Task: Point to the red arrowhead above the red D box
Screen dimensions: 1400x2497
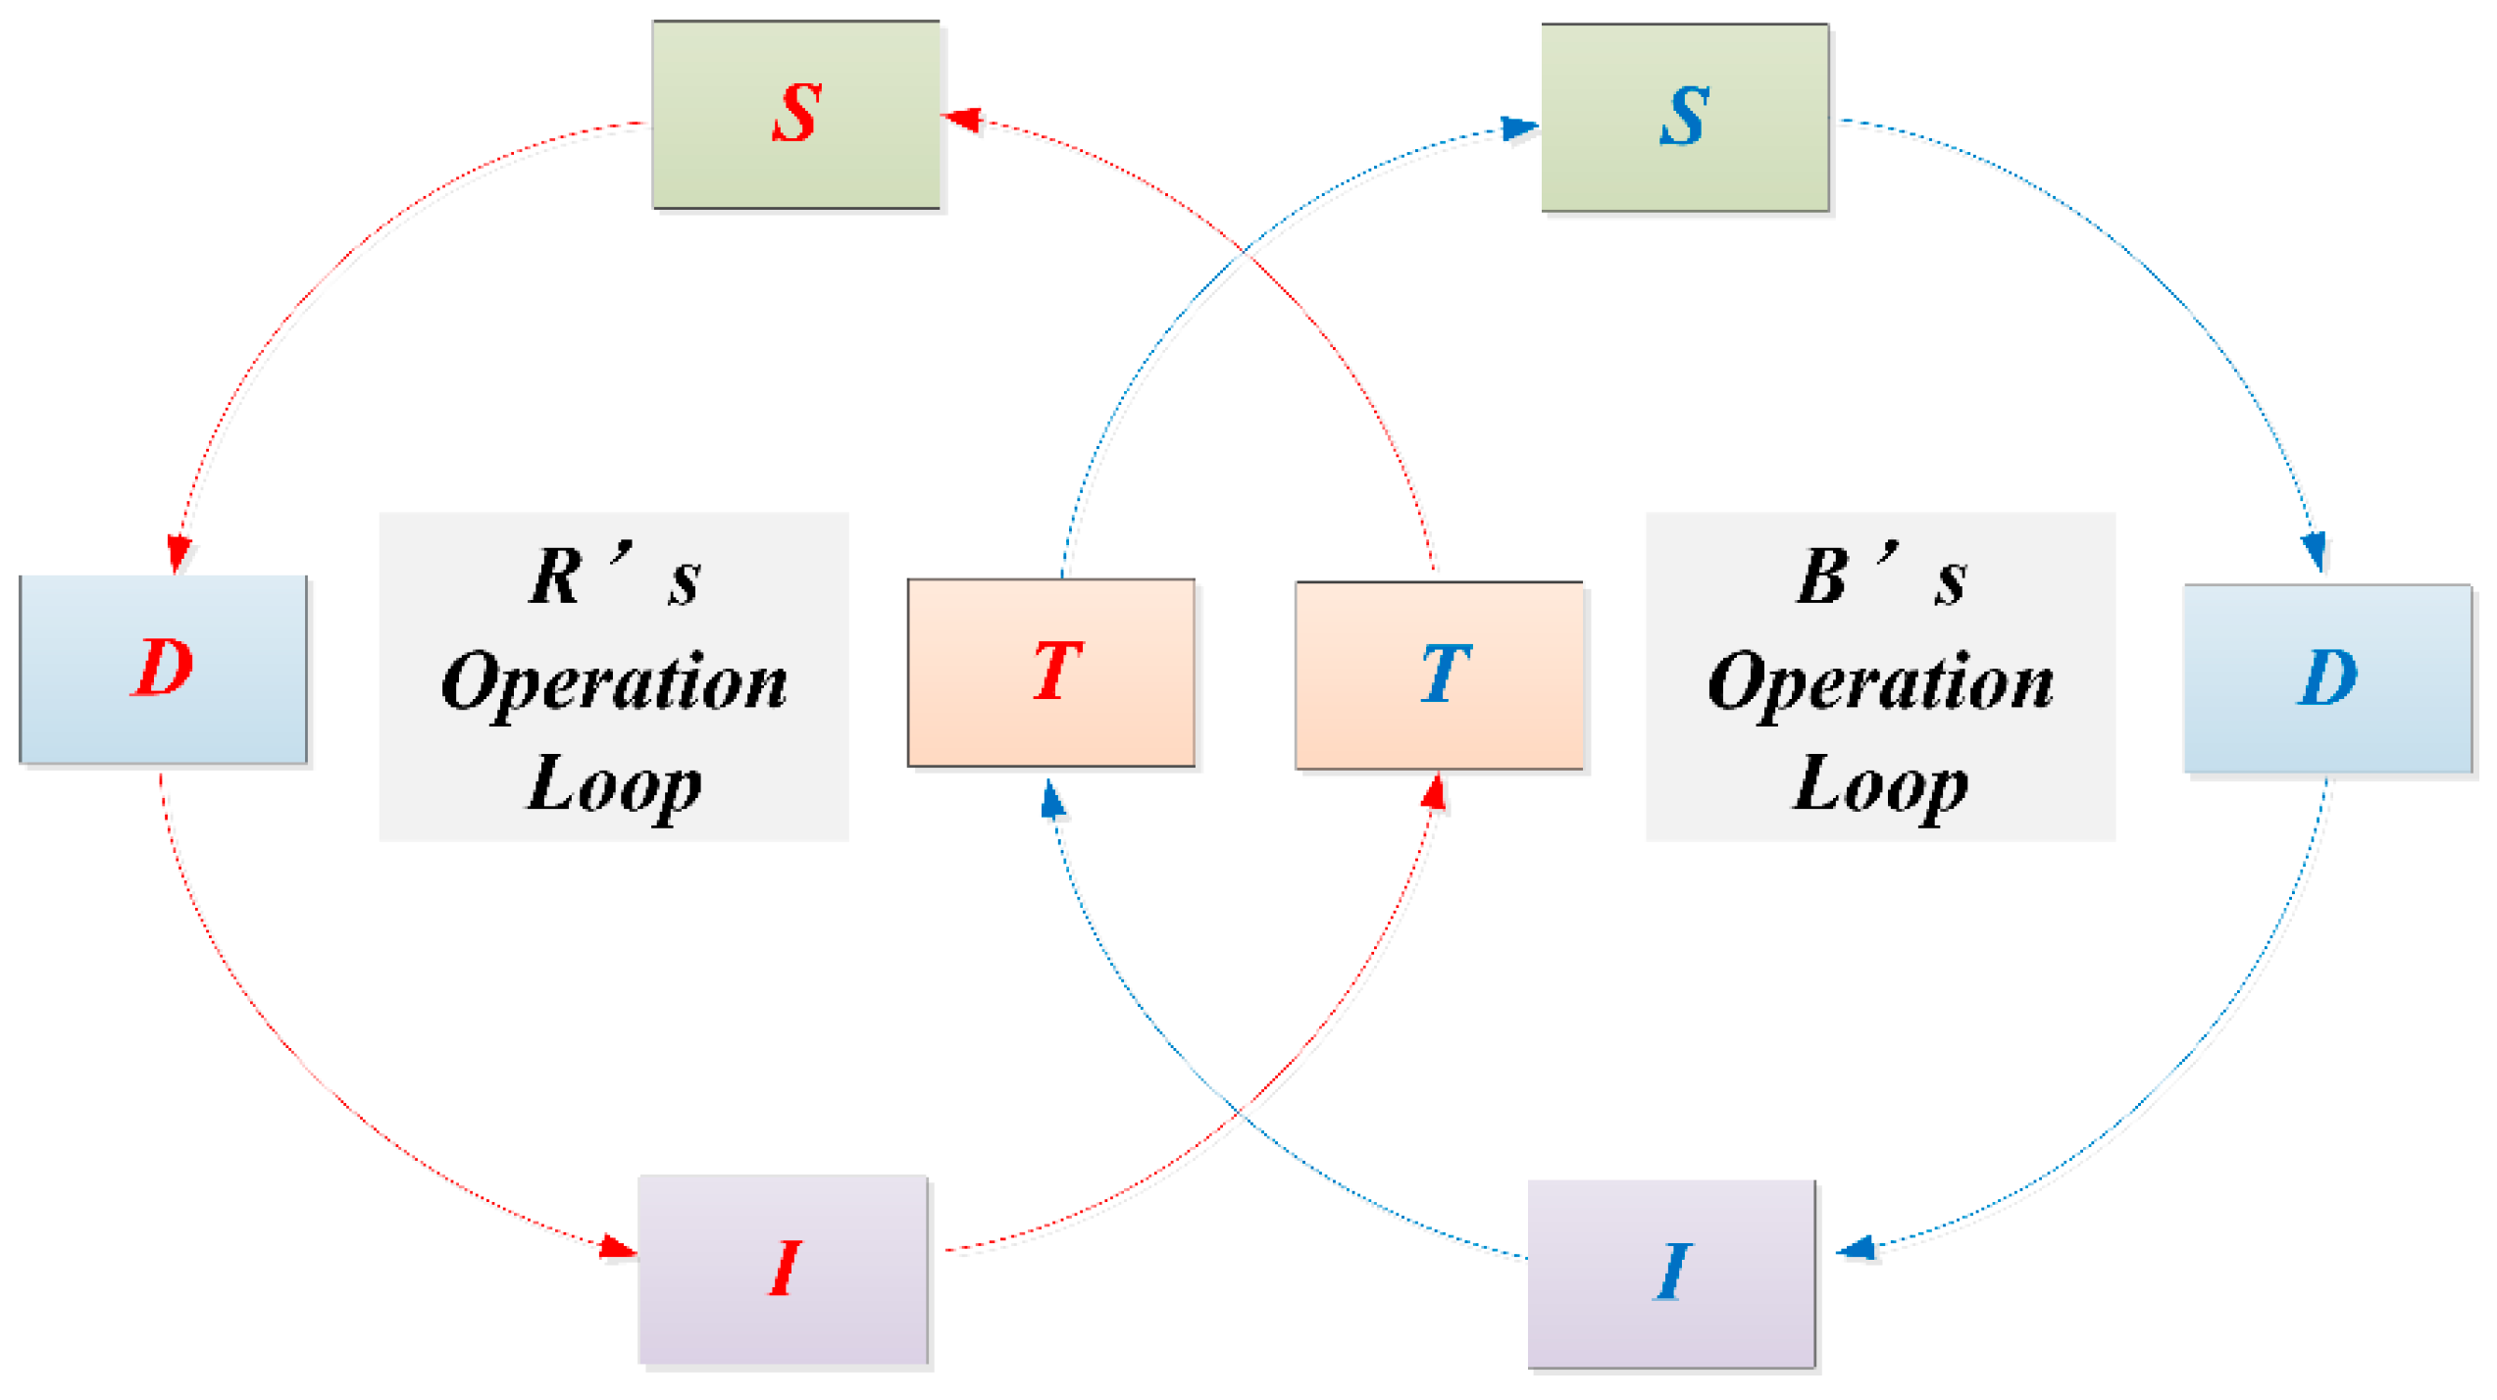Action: click(x=179, y=555)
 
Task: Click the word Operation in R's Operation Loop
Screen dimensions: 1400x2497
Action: click(x=616, y=684)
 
